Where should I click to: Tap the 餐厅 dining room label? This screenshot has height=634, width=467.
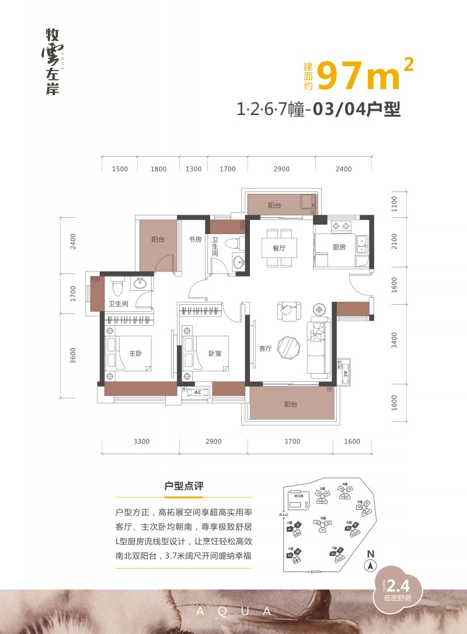278,248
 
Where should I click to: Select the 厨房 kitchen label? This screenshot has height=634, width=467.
339,248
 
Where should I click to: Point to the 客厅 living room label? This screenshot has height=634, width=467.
266,349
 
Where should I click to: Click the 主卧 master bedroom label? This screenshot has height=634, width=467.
135,353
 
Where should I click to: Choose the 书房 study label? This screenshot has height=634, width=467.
194,239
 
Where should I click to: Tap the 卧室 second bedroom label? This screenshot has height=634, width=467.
214,353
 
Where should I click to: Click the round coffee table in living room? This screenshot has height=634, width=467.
289,346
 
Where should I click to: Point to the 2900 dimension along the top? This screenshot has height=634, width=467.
281,169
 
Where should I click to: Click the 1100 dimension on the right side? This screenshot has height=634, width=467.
394,204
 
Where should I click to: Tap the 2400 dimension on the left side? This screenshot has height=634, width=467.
73,242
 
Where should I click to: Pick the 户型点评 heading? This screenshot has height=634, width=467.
184,486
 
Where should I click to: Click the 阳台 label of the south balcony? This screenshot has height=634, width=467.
291,404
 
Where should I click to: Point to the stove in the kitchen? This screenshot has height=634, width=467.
339,225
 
